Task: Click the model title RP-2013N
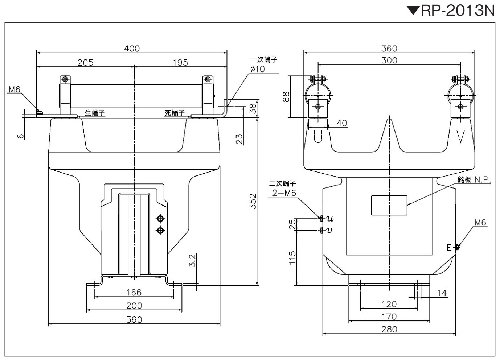click(x=458, y=11)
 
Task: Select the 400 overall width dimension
click(x=132, y=49)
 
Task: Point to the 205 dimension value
click(x=85, y=62)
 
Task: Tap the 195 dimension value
click(x=180, y=62)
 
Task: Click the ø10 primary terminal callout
click(x=257, y=69)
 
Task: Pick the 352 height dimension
click(x=253, y=201)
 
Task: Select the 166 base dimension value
click(x=134, y=293)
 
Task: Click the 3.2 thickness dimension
click(x=192, y=260)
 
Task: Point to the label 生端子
click(x=95, y=113)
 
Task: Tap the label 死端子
click(x=175, y=113)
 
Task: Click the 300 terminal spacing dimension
click(x=389, y=61)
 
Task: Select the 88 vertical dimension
click(x=286, y=97)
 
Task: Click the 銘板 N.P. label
click(x=474, y=179)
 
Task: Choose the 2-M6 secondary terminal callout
click(x=284, y=193)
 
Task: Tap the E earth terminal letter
click(x=449, y=248)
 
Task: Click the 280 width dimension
click(x=389, y=329)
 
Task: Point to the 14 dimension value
click(x=442, y=293)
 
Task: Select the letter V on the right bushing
click(x=460, y=136)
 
